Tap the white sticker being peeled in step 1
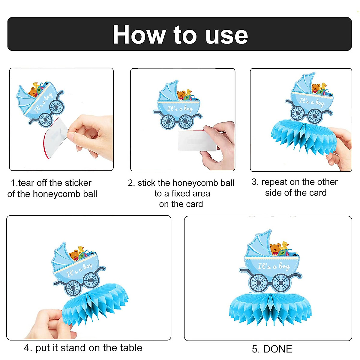[x=55, y=138]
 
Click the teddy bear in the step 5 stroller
[x=275, y=249]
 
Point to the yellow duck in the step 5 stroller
[x=285, y=245]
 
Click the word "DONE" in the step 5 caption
[x=277, y=349]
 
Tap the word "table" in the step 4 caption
[x=131, y=348]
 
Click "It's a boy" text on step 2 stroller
[x=180, y=109]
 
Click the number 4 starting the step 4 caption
[x=27, y=348]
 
